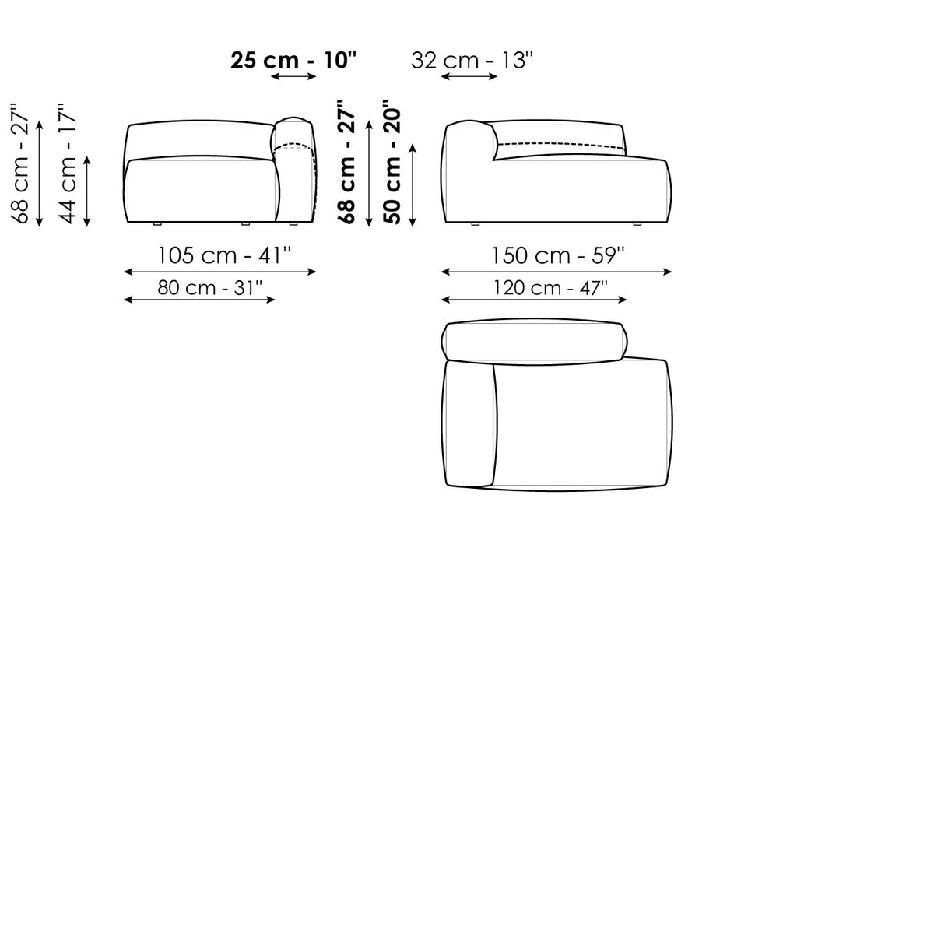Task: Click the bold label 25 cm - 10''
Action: [293, 61]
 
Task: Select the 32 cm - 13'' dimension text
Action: [472, 61]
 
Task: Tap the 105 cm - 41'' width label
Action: [224, 255]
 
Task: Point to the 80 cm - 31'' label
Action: [210, 288]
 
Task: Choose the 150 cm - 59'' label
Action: [558, 255]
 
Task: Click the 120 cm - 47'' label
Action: [550, 288]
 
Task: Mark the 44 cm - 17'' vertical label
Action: [68, 163]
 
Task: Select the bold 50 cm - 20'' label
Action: [392, 162]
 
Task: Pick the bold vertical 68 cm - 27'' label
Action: [346, 162]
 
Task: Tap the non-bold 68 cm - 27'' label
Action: [20, 163]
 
